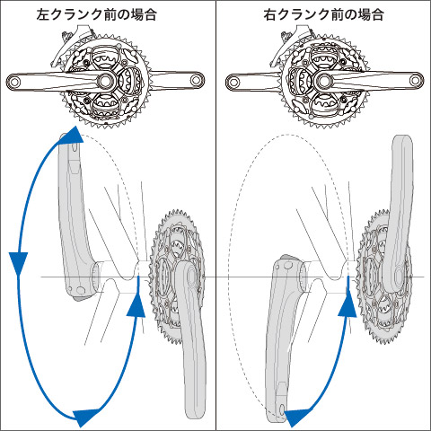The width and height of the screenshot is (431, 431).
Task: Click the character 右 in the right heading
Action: (271, 14)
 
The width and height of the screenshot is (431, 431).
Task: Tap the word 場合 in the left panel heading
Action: (144, 14)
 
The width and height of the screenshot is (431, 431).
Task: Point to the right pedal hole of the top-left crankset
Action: (196, 80)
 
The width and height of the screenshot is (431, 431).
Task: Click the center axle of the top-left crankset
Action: (105, 80)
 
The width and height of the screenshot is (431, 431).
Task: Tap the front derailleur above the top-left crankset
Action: (72, 45)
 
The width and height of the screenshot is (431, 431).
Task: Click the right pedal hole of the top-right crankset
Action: (415, 80)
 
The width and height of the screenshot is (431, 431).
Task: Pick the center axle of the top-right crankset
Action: (322, 80)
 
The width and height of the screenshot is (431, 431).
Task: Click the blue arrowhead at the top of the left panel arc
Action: (75, 136)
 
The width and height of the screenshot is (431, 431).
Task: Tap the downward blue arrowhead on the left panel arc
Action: (18, 262)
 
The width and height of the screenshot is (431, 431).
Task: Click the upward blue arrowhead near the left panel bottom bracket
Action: (136, 305)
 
